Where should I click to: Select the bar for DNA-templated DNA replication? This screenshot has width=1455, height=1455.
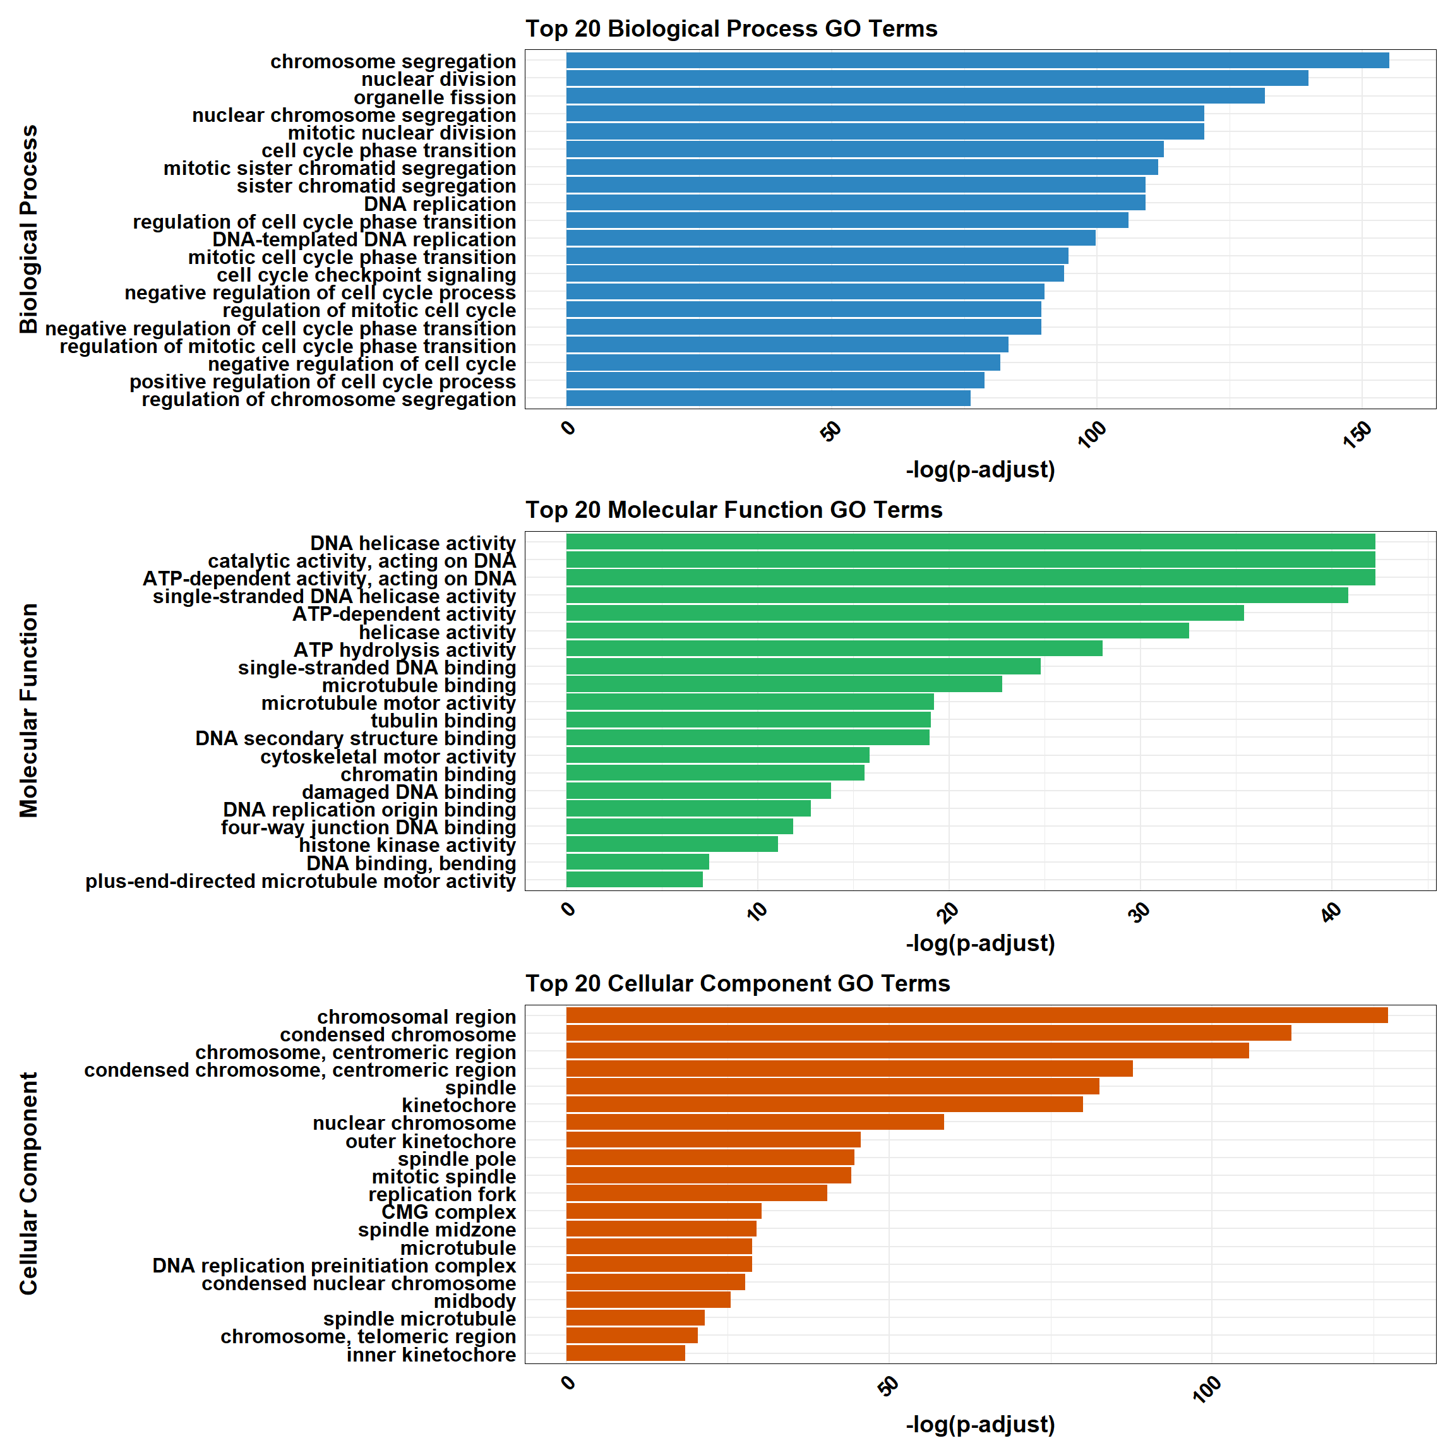pos(830,239)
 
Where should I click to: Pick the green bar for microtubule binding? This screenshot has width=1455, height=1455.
pos(783,685)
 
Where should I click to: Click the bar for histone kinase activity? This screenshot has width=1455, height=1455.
pos(671,844)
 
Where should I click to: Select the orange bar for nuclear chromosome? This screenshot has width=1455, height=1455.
pos(754,1122)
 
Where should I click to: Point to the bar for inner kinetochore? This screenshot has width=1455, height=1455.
pos(625,1353)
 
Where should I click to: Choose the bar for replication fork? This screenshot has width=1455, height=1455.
pos(696,1194)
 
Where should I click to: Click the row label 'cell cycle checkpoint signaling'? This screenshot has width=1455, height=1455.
pos(366,275)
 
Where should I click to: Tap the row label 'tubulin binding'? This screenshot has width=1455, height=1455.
pos(443,721)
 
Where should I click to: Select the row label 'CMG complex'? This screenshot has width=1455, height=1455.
pos(448,1212)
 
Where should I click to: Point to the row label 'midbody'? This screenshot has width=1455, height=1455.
pos(474,1301)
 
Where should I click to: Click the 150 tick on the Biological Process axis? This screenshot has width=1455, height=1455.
pos(1357,434)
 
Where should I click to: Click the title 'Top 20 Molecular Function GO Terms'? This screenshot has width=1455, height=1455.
pos(734,510)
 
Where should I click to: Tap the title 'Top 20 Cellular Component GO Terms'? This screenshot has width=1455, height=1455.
pos(738,983)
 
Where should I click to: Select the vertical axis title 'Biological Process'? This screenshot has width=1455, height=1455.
pos(28,229)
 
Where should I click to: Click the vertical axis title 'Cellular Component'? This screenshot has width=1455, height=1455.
pos(28,1184)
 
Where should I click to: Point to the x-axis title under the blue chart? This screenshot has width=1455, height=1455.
pos(980,470)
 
